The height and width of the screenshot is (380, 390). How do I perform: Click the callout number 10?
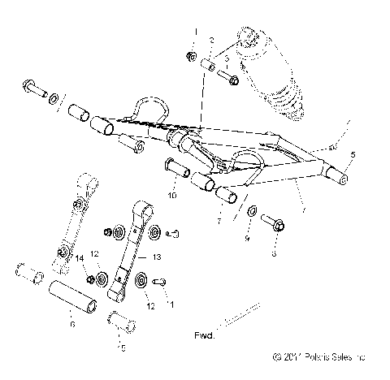click(x=172, y=196)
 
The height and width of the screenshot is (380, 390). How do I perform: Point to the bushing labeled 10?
click(x=177, y=171)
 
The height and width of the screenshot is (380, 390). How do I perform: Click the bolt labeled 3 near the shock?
click(x=232, y=80)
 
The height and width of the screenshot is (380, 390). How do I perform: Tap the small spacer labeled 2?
click(x=206, y=65)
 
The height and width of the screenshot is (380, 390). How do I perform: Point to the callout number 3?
click(x=227, y=60)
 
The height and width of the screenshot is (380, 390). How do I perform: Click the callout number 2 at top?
click(x=210, y=41)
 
